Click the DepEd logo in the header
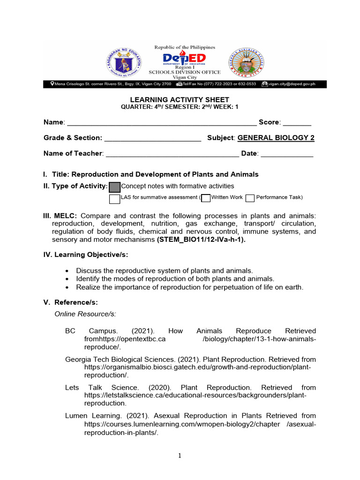point(184,59)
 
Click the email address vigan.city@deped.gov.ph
point(291,84)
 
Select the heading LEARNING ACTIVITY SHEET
point(180,99)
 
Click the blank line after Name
point(162,123)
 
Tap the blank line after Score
point(297,123)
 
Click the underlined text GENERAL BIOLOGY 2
point(276,138)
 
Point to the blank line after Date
point(286,154)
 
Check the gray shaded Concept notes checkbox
point(115,187)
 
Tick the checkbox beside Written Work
point(205,198)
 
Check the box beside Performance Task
point(250,198)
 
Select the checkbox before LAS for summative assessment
point(115,199)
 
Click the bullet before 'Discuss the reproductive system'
point(68,271)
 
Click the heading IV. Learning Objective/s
point(85,255)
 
